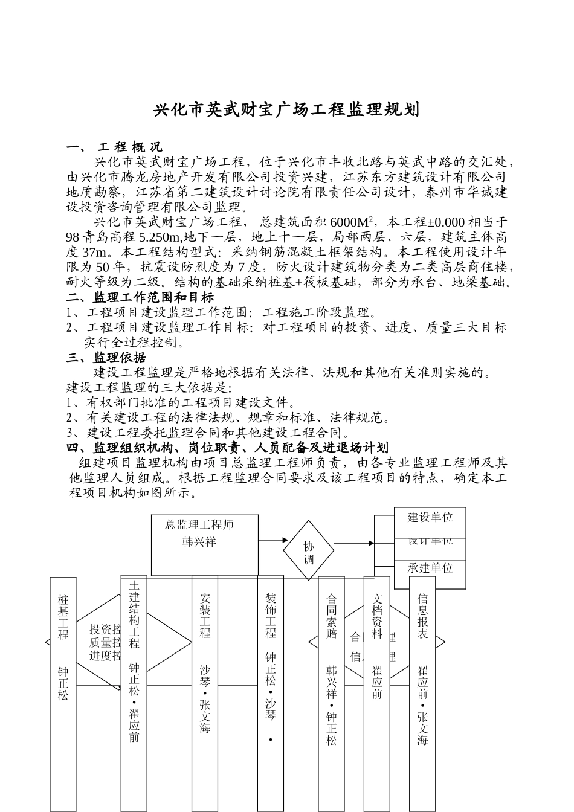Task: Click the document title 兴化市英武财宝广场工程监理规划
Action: pos(286,111)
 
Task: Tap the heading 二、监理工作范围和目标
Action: pos(140,297)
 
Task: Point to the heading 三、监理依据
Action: pos(106,358)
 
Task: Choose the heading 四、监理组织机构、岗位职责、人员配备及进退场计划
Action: pos(227,448)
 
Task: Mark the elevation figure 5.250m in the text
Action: pos(160,237)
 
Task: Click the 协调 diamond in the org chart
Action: pos(309,550)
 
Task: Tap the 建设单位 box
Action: pos(430,517)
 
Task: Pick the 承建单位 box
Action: pos(430,569)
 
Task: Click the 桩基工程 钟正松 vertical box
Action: pos(63,695)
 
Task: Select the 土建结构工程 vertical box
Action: pos(134,695)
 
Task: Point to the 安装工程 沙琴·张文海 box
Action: pos(205,695)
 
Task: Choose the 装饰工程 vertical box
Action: pos(270,695)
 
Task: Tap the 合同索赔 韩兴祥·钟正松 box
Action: pos(331,695)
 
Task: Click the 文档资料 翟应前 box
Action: pos(377,695)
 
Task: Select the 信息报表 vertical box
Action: pos(422,695)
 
